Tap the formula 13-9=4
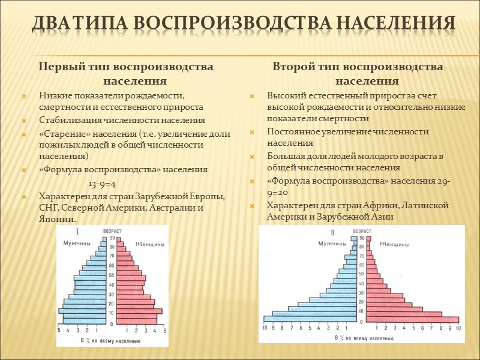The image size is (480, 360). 102,183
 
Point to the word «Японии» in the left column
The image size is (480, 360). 58,219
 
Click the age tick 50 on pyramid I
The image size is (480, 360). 111,276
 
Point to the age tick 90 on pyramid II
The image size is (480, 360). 362,238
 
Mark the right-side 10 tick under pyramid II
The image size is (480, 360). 458,328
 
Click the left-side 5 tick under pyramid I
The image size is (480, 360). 59,331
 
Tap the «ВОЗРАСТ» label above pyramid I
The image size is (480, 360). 112,230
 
